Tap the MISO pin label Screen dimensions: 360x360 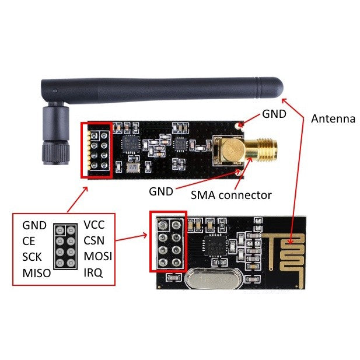[36, 272]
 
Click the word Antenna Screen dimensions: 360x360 [333, 119]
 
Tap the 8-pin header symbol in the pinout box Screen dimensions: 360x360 [65, 249]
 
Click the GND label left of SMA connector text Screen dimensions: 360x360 [161, 191]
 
